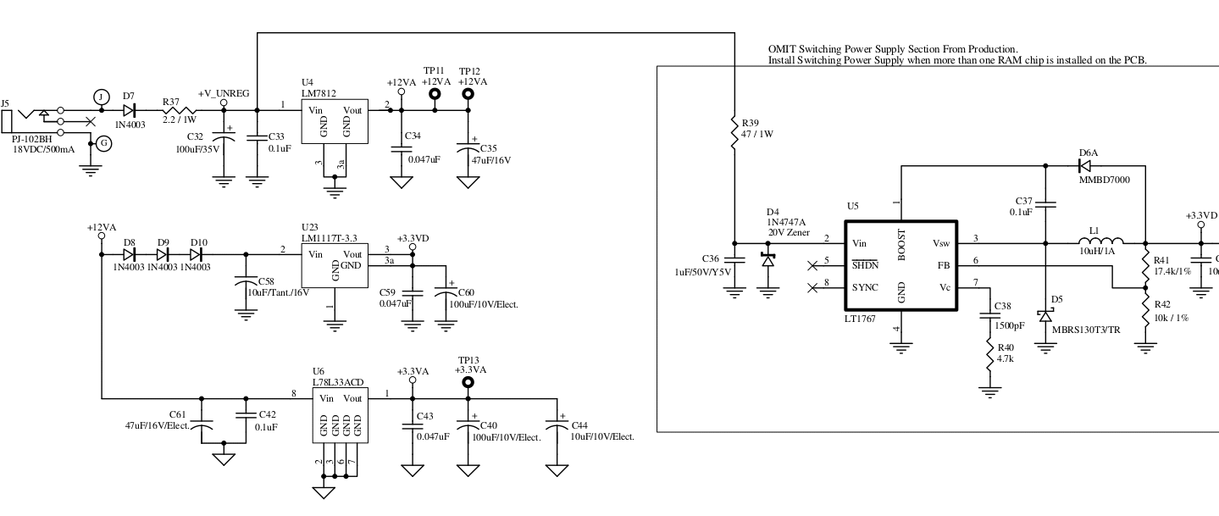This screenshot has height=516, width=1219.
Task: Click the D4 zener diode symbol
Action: click(768, 259)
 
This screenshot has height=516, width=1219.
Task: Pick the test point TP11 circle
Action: click(435, 95)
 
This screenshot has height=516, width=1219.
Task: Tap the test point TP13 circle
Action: click(467, 383)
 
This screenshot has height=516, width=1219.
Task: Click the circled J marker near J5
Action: click(101, 97)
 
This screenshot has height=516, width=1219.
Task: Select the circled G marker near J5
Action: click(103, 144)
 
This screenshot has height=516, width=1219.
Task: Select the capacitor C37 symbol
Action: click(1045, 203)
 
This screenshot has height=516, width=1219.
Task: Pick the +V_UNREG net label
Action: click(224, 93)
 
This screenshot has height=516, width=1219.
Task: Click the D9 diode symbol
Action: click(163, 253)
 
